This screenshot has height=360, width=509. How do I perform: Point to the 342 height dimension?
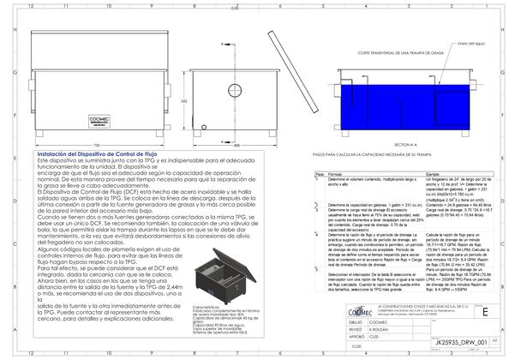pos(185,101)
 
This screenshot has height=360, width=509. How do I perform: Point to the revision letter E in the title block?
pos(485,314)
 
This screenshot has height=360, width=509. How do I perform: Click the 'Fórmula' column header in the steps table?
pos(336,171)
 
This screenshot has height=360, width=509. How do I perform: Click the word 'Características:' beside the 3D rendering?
pos(208,303)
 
